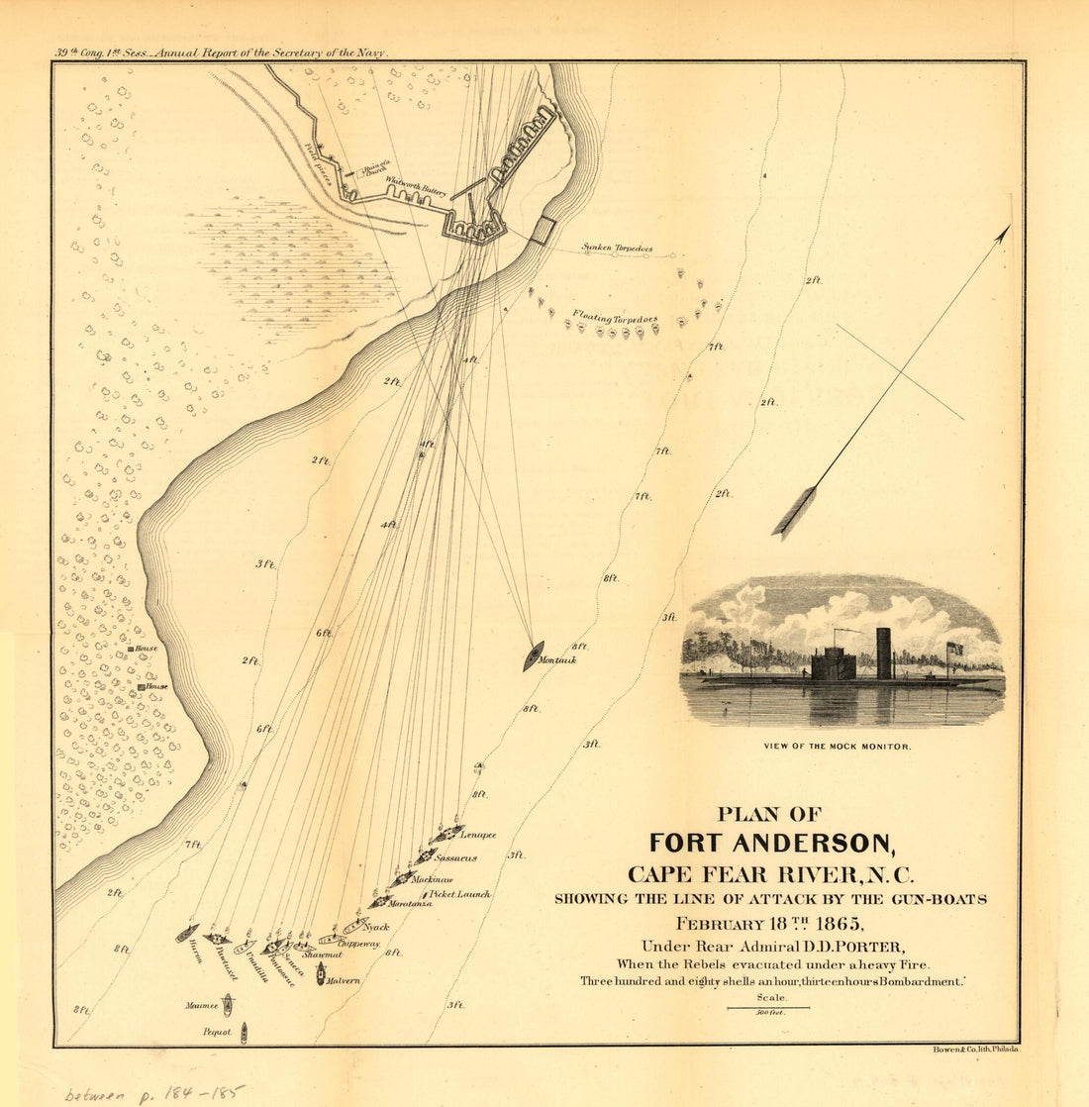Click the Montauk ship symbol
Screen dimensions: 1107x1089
pos(533,655)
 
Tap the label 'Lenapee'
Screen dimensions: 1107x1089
pos(478,836)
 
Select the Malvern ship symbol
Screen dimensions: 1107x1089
pos(321,973)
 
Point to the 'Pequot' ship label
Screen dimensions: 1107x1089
pos(216,1032)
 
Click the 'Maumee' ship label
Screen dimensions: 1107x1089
pos(201,1005)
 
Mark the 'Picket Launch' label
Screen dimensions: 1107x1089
pos(458,894)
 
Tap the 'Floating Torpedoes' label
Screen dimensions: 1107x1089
pos(615,319)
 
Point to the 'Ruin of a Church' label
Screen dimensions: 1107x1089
pos(375,169)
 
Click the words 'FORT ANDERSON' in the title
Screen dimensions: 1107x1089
pos(771,844)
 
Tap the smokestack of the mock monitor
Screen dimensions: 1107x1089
pos(883,653)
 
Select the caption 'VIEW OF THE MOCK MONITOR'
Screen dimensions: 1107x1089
pos(838,747)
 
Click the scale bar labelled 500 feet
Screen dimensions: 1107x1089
pos(767,1008)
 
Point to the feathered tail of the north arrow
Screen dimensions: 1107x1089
pos(794,513)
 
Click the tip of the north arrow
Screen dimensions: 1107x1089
pos(1009,227)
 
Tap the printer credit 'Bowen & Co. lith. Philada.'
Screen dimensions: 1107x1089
pos(975,1049)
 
